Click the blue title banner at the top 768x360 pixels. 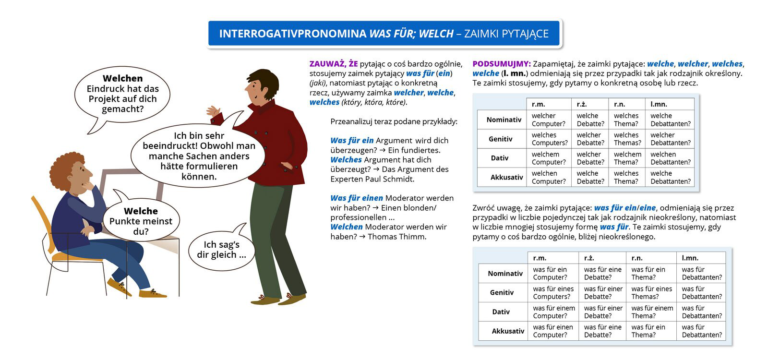pyautogui.click(x=384, y=34)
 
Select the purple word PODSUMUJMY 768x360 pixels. pyautogui.click(x=501, y=64)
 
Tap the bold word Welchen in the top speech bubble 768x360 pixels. pyautogui.click(x=122, y=78)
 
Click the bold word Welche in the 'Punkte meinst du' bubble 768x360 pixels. pyautogui.click(x=141, y=211)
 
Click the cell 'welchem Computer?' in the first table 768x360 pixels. pyautogui.click(x=549, y=158)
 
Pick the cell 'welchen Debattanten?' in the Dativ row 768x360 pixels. pyautogui.click(x=670, y=158)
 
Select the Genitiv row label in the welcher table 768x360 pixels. pyautogui.click(x=501, y=139)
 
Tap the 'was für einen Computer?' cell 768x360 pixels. pyautogui.click(x=552, y=331)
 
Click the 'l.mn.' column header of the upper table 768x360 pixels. pyautogui.click(x=659, y=104)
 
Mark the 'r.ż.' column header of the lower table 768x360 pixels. pyautogui.click(x=589, y=258)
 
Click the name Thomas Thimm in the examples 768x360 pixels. pyautogui.click(x=397, y=237)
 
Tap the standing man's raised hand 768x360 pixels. pyautogui.click(x=212, y=112)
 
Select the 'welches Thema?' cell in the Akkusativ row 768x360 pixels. pyautogui.click(x=626, y=177)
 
